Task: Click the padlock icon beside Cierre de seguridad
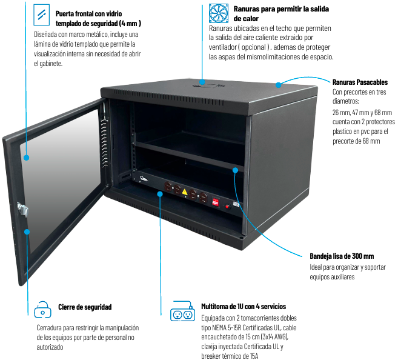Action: tap(42, 309)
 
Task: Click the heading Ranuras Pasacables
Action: tap(360, 82)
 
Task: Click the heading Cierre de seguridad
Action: tap(85, 307)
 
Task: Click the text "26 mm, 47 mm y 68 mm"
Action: tap(362, 113)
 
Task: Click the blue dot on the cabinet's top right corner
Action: tap(278, 84)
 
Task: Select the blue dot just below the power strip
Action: tap(160, 194)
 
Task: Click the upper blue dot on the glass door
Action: tap(27, 158)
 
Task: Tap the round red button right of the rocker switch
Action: tap(227, 206)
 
